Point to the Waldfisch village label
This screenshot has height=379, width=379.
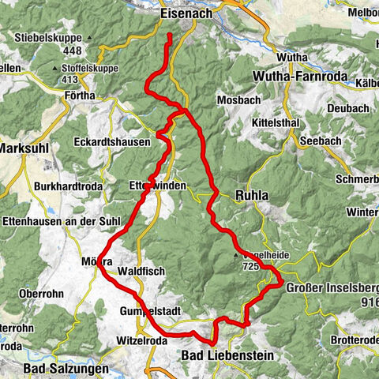pos(141,270)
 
